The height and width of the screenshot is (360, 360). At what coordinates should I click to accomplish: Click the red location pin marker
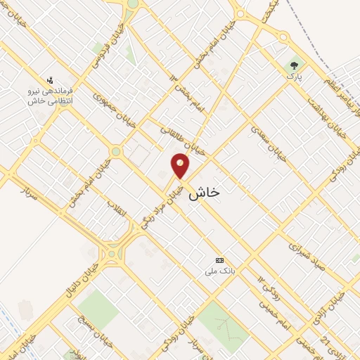coord(181,165)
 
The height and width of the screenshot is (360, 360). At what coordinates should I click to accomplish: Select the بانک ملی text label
coord(218,271)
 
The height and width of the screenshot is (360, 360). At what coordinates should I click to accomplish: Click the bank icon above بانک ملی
coord(219,260)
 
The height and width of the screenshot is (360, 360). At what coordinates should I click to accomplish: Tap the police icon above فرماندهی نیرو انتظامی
coord(49,80)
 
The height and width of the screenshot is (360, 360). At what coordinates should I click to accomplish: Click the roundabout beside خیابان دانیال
coord(110,254)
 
